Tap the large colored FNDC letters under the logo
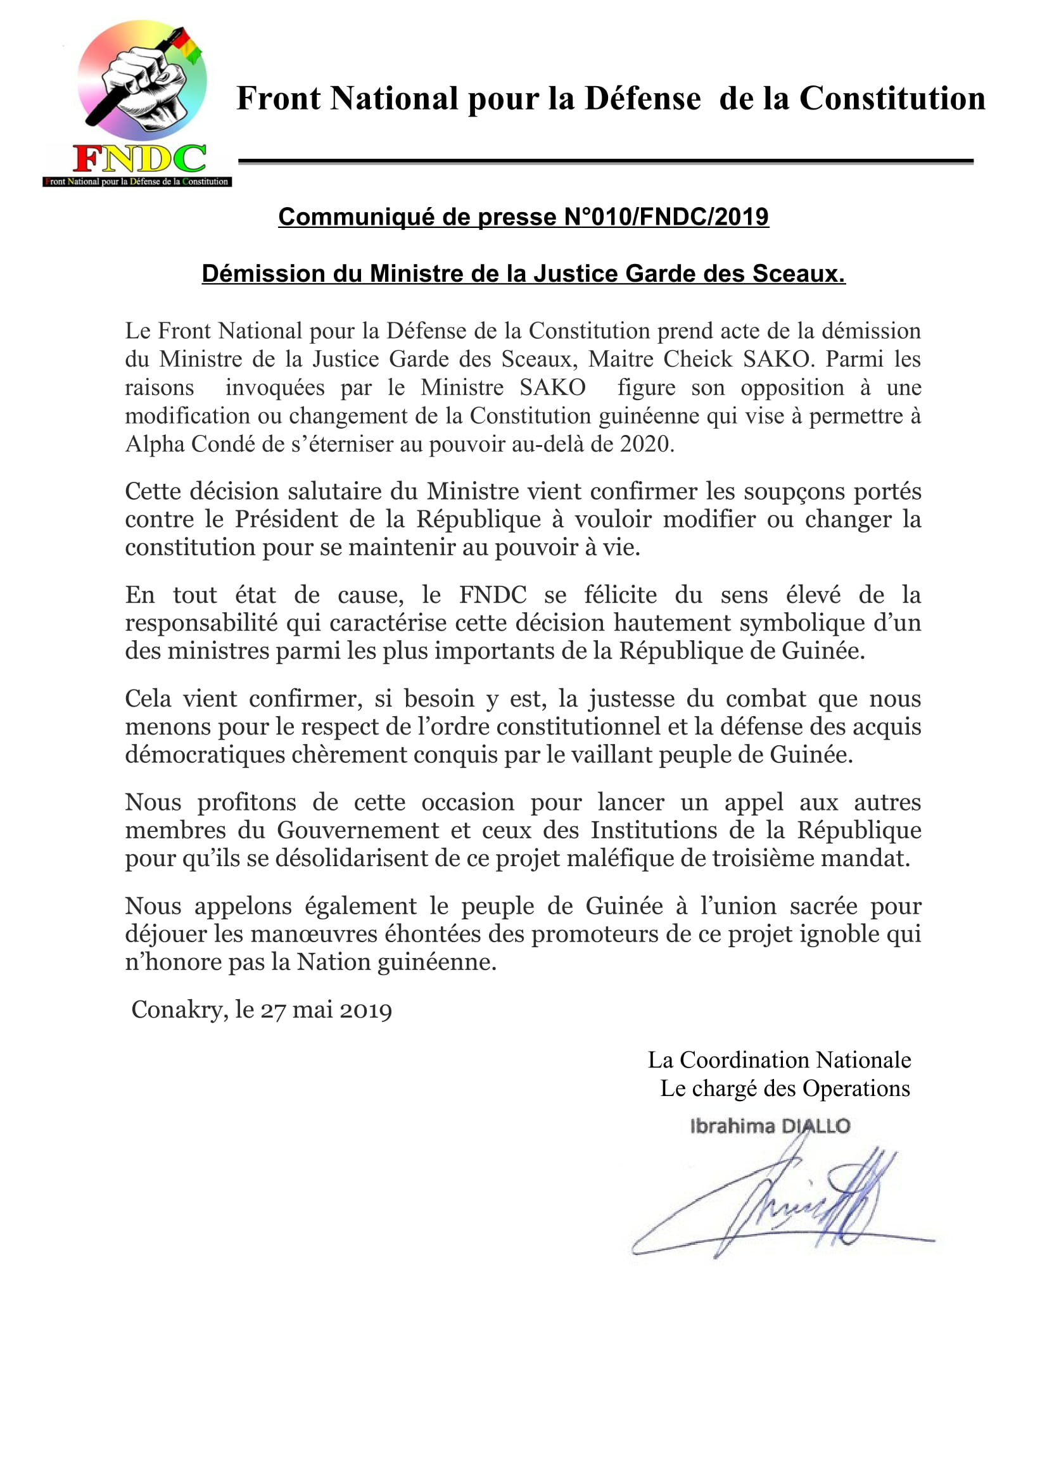click(139, 159)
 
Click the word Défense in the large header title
click(642, 99)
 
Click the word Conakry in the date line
click(177, 1010)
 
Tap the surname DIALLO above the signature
click(815, 1126)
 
